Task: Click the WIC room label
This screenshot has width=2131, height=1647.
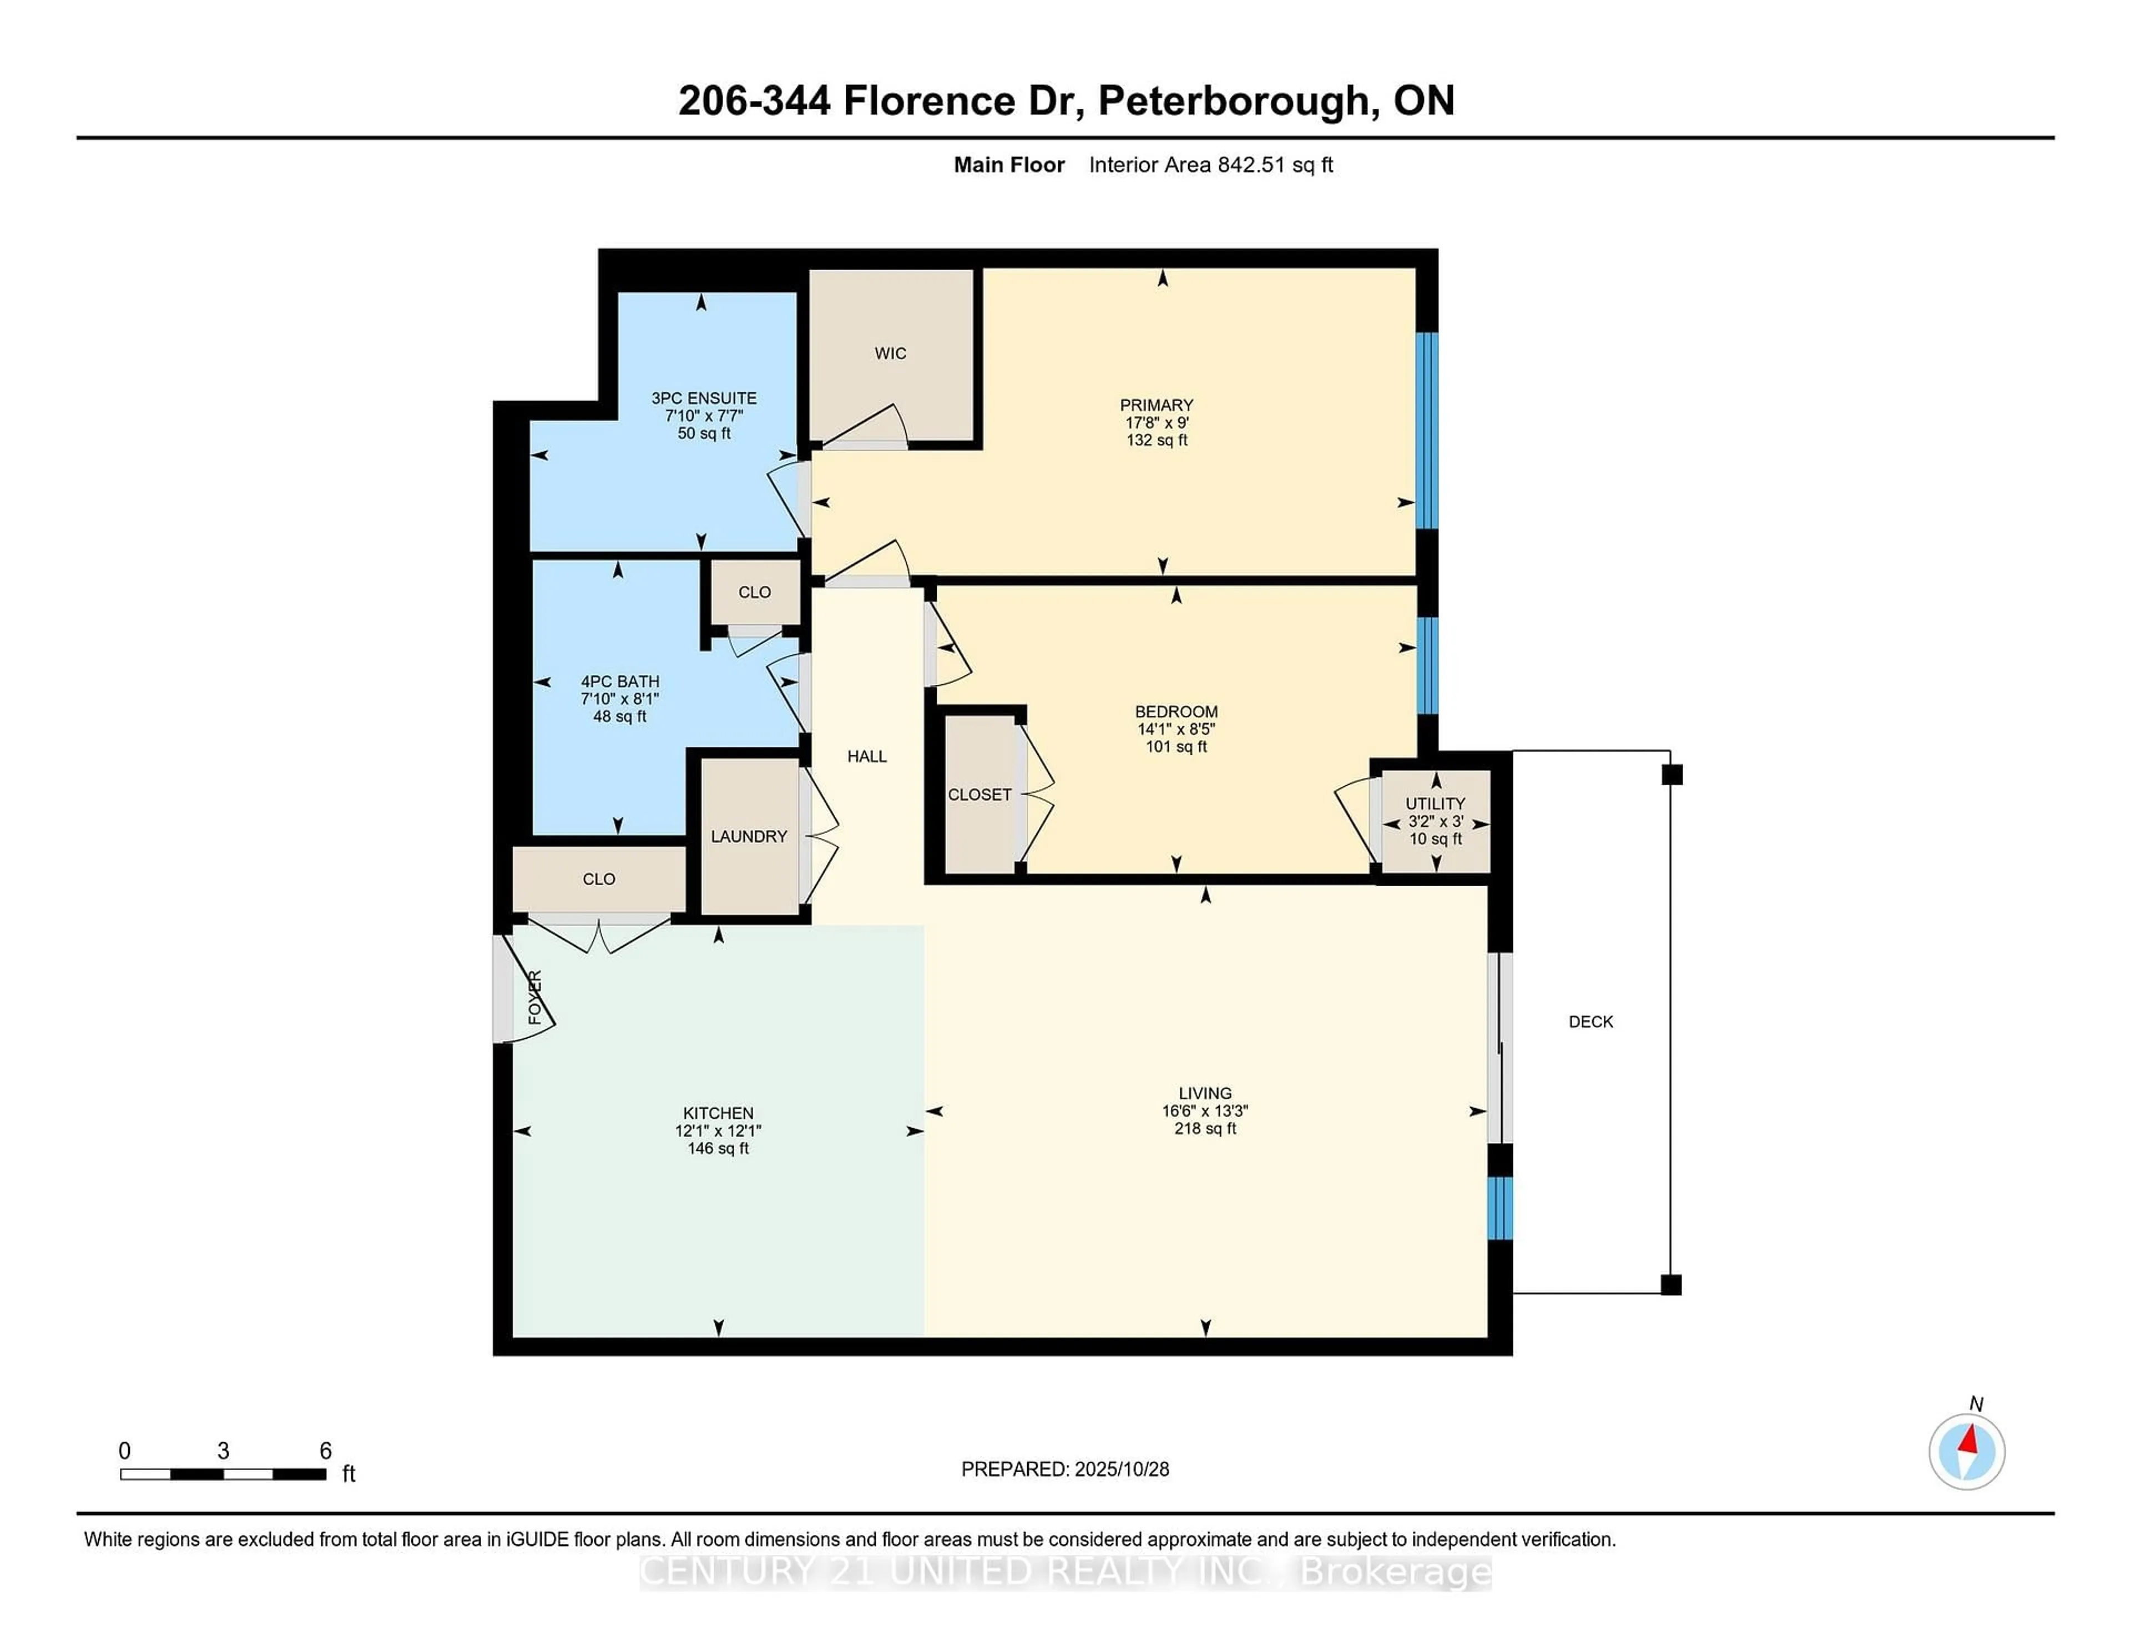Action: point(890,353)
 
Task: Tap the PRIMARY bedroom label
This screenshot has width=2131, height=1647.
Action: point(1157,405)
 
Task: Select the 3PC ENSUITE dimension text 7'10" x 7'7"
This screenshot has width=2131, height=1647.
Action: point(704,416)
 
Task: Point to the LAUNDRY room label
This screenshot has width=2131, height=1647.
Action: point(749,836)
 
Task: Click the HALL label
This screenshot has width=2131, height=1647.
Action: point(866,756)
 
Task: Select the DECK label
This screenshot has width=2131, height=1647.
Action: point(1590,1022)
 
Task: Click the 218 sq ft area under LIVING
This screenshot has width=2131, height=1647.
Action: point(1205,1129)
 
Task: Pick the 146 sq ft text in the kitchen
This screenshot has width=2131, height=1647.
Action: point(718,1149)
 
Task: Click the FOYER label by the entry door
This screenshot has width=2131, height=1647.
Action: point(535,997)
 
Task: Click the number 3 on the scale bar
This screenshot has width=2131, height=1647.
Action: point(224,1451)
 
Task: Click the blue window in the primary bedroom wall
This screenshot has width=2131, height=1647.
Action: point(1427,430)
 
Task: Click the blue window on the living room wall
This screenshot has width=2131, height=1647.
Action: point(1499,1208)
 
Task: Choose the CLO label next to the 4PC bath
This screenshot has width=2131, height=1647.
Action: point(754,592)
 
